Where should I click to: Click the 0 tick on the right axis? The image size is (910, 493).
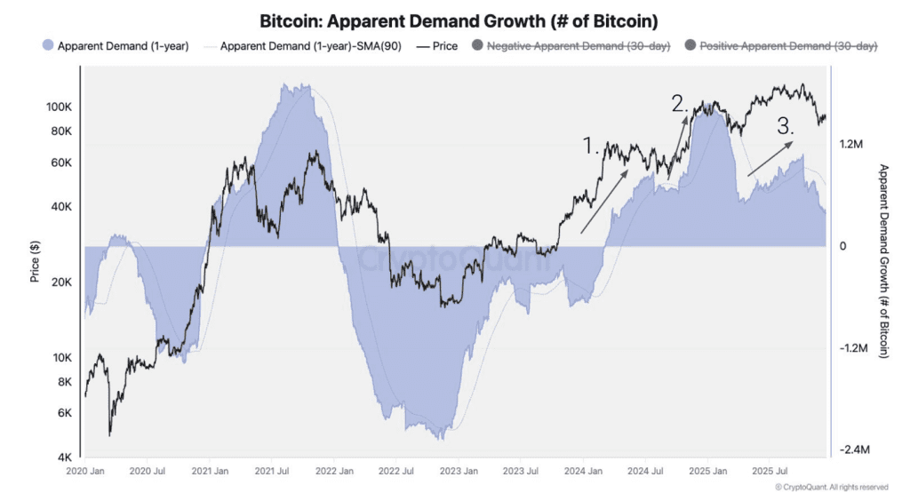point(843,246)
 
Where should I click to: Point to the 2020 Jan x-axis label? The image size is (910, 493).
point(86,470)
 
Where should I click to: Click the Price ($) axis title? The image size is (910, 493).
point(35,262)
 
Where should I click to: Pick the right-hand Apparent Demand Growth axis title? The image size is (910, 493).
point(883,261)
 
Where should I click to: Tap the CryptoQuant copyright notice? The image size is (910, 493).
point(831,487)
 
